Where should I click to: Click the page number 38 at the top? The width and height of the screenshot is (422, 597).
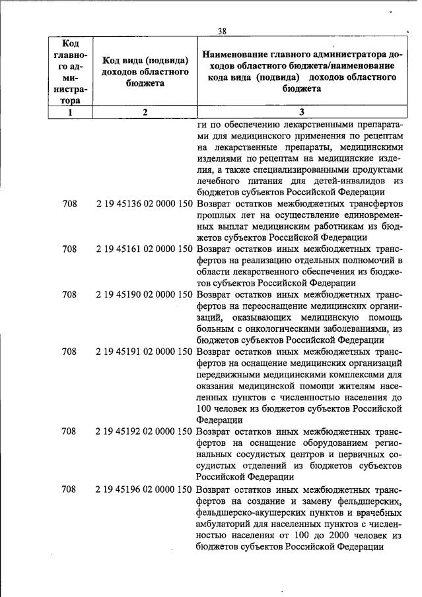click(223, 31)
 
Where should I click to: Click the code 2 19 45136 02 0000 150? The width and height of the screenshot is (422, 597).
click(144, 204)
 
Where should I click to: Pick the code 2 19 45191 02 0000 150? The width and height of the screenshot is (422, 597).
click(144, 352)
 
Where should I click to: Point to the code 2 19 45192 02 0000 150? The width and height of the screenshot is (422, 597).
click(144, 431)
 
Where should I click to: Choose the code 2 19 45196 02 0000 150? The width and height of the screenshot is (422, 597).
click(144, 489)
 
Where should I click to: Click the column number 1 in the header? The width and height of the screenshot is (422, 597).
click(69, 112)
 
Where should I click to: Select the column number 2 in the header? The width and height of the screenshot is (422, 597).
click(145, 112)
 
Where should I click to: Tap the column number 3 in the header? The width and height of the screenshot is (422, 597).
click(302, 112)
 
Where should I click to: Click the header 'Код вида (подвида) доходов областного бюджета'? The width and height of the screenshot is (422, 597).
click(145, 72)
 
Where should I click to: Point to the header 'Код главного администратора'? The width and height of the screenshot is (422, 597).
click(69, 71)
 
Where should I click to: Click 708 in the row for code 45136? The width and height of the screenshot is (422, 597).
click(69, 204)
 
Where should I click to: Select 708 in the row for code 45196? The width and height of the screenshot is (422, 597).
click(69, 489)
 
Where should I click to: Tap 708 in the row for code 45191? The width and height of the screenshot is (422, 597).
click(69, 352)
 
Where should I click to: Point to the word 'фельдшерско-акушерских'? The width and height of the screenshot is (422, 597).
click(248, 512)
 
